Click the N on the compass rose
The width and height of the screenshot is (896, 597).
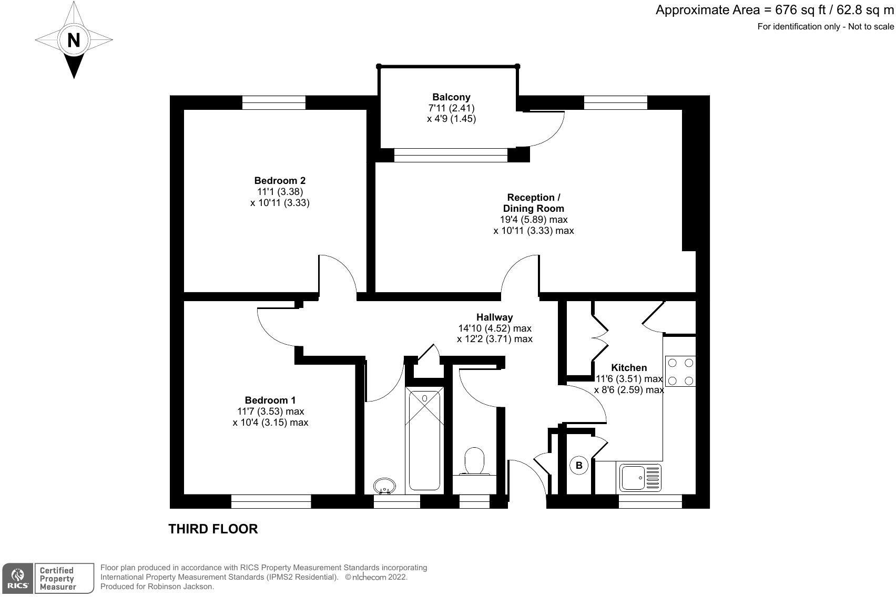coord(74,40)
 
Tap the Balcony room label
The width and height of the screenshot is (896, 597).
coord(451,97)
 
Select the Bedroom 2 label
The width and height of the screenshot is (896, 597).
coord(280,181)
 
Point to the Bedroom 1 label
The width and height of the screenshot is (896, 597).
coord(270,400)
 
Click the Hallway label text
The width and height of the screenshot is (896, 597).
coord(494,317)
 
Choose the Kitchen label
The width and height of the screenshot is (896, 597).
coord(629,368)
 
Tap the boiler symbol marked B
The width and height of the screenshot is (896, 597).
coord(579,466)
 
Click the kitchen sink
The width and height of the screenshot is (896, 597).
coord(640,477)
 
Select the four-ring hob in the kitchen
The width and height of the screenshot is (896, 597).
coord(680,371)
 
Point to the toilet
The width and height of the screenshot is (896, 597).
coord(474,462)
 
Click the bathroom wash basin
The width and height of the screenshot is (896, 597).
coord(384,486)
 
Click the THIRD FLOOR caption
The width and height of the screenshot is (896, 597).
coord(213,529)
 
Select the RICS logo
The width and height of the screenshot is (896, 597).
coord(17,578)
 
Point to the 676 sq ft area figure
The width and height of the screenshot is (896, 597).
coord(800,10)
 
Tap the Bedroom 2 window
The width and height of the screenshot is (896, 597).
coord(274,102)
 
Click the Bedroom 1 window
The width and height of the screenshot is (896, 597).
coord(271,501)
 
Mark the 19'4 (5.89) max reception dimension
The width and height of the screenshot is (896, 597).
coord(534,220)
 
